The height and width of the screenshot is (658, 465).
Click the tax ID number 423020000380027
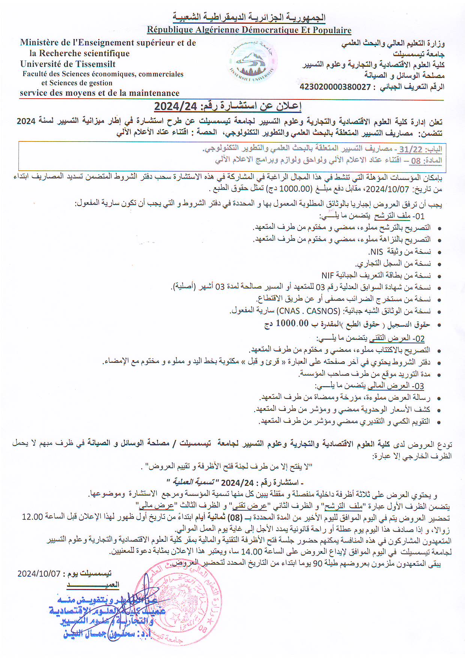pos(335,87)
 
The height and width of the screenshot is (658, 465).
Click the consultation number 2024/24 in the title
pos(175,107)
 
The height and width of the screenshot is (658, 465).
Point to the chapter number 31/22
pos(410,149)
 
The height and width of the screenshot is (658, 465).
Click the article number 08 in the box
pos(415,161)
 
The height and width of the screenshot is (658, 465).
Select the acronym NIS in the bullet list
pos(376,252)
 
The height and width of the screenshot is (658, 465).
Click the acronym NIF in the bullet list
pos(327,276)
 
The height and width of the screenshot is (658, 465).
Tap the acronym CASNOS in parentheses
pos(322,311)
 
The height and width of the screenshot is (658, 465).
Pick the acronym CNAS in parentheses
pos(289,311)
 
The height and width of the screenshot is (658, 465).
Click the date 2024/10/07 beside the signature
pos(39,574)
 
